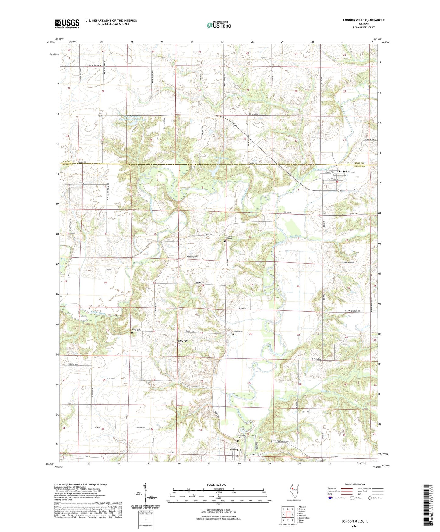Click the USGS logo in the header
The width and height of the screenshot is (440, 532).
[67, 23]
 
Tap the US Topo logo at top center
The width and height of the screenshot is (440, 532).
[219, 25]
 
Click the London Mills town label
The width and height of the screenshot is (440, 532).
[346, 172]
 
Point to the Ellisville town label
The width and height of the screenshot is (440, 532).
[235, 449]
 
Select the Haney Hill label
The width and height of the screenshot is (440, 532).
[182, 341]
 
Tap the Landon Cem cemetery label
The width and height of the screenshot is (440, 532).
[238, 332]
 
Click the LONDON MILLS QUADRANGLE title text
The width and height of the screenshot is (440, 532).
[364, 20]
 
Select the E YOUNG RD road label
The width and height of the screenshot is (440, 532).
[317, 359]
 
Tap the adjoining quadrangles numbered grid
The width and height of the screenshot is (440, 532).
[288, 515]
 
